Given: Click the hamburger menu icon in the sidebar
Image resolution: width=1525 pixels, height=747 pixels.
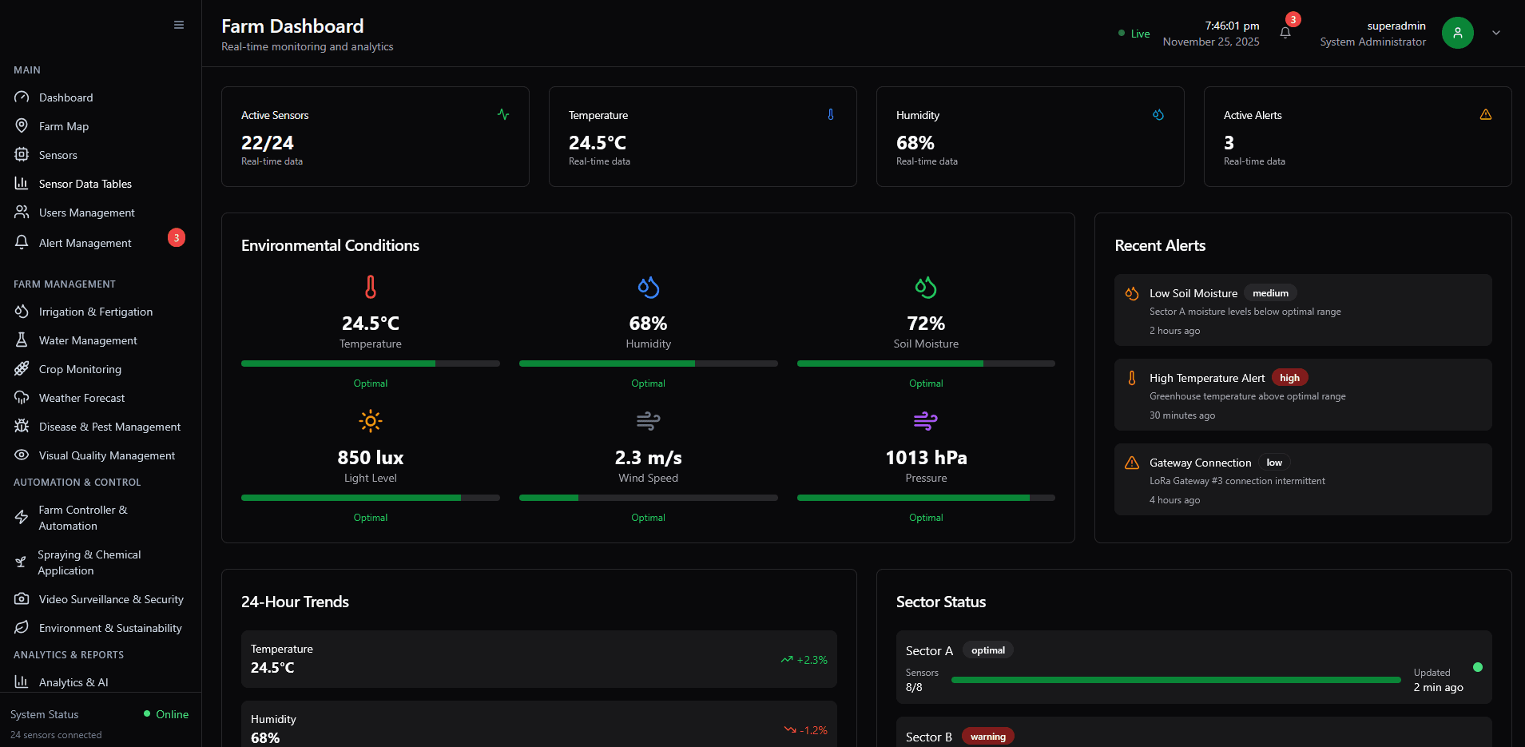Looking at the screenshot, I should pos(179,25).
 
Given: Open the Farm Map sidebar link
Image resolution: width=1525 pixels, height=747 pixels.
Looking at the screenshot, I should pos(64,126).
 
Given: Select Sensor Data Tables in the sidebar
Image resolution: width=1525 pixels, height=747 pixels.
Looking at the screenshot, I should pos(85,184).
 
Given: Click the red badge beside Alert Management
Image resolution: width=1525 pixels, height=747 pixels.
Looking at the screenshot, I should pos(177,238).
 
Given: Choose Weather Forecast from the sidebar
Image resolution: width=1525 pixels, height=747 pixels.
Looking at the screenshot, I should pos(81,398).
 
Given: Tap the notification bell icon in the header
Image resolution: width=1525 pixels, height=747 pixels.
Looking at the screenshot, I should pos(1285,33).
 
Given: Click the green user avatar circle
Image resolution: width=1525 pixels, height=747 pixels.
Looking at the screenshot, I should pos(1457,33).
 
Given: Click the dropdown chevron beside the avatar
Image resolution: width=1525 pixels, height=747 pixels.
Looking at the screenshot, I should pos(1496,33).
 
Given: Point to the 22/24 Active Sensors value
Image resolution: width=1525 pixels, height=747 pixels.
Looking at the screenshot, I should pos(268,143).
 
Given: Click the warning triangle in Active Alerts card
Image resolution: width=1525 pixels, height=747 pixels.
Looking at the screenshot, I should pos(1486,115).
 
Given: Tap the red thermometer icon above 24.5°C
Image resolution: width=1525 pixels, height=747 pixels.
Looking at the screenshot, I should pos(371,287).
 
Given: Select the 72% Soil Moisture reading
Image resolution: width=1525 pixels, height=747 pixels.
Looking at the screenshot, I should pos(926,324).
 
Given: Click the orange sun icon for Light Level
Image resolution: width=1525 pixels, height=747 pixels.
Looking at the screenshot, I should pos(371,421).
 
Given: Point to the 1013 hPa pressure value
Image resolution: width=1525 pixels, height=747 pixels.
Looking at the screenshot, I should pos(926,458).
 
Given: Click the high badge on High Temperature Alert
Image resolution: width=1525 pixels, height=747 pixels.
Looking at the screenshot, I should pos(1289,378).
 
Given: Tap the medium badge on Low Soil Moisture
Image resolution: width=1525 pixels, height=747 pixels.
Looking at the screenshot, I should pos(1270,293).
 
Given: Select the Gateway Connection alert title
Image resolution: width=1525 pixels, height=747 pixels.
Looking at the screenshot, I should pos(1200,463).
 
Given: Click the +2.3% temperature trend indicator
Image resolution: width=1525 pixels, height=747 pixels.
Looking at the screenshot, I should pos(804,660).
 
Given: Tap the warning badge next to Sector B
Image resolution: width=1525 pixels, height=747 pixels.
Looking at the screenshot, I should pos(987,737).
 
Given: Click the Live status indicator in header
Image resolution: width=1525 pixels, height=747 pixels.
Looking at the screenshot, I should pos(1134,34).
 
